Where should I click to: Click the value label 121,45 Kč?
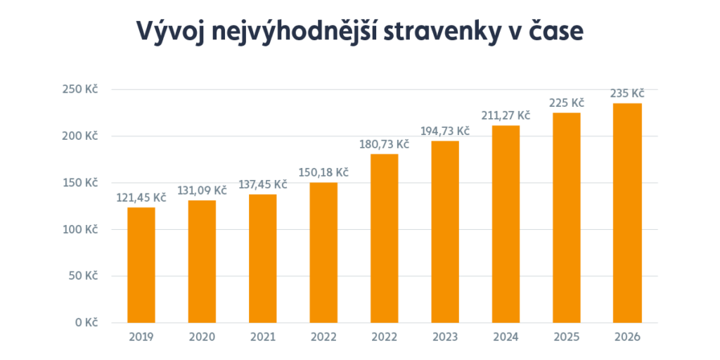pos(141,198)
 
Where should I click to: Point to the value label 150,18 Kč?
pos(323,172)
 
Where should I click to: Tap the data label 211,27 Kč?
pos(506,115)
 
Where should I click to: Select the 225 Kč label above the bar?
pos(567,102)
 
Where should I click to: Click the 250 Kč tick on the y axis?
pos(82,89)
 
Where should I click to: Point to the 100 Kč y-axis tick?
pos(82,229)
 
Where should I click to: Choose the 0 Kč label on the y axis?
pos(86,323)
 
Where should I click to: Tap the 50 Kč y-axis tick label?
pos(84,276)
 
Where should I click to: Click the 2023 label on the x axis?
pos(445,337)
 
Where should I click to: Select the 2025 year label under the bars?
pos(567,337)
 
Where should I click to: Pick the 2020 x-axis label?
pos(202,337)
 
